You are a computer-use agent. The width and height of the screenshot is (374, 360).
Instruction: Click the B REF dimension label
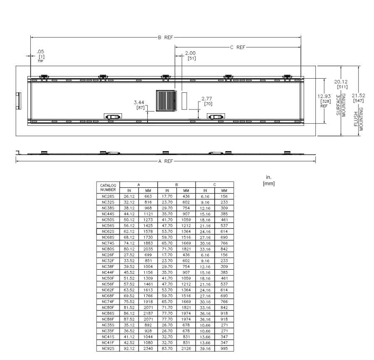[x=165, y=37]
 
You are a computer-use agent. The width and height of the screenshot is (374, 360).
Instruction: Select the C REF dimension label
[x=238, y=47]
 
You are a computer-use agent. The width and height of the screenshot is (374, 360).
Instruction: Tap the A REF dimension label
[x=166, y=161]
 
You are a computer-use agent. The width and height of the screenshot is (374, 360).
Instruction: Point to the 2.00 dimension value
[x=191, y=53]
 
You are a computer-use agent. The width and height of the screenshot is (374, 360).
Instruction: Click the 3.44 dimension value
[x=139, y=102]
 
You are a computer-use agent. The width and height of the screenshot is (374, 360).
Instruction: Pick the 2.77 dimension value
[x=207, y=99]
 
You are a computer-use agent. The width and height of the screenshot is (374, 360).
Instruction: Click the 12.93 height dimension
[x=324, y=96]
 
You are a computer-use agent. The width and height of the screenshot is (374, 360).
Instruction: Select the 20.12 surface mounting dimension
[x=341, y=82]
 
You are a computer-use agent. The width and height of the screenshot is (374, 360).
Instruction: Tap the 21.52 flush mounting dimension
[x=359, y=95]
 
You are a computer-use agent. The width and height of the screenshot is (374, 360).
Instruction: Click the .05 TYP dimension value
[x=40, y=52]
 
